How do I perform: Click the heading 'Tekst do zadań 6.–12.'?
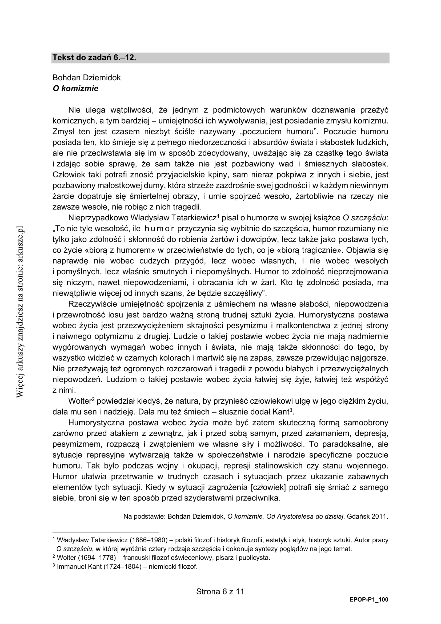[x=94, y=58]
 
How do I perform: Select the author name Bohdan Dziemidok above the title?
[x=86, y=78]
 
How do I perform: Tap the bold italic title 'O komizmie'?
[x=75, y=89]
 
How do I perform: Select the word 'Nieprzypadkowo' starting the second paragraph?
[x=98, y=218]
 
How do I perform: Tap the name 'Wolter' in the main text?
[x=79, y=401]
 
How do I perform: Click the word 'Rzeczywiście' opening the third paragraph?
[x=93, y=304]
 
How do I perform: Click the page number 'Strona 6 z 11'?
[x=220, y=592]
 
